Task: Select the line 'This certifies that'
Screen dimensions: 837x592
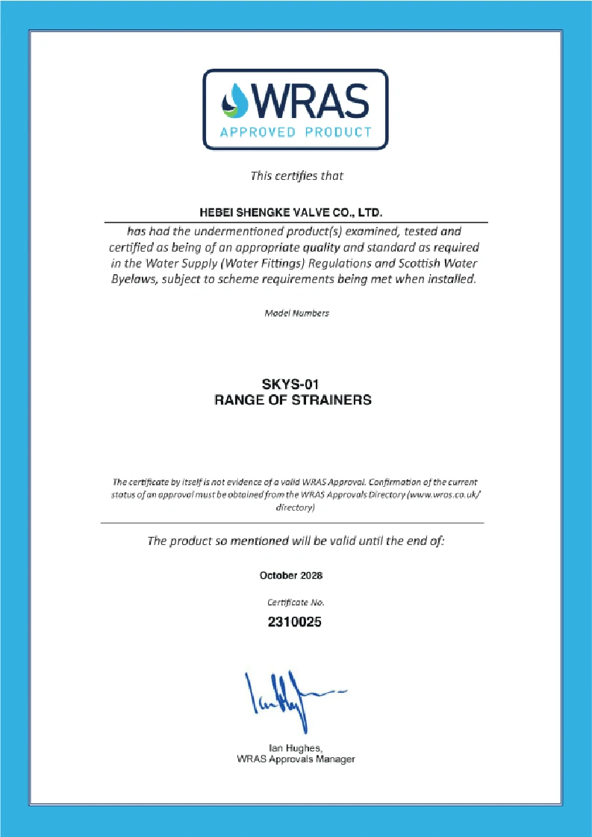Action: click(296, 176)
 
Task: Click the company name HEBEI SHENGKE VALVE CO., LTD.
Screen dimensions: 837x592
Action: click(296, 214)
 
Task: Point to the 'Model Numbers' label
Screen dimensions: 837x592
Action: click(296, 313)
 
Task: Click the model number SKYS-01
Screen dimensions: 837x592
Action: click(293, 385)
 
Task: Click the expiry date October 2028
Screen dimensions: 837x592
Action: click(291, 576)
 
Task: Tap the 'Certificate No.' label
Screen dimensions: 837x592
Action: click(296, 602)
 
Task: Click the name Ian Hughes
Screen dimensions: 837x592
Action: click(295, 747)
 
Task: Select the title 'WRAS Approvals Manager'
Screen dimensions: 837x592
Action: click(296, 759)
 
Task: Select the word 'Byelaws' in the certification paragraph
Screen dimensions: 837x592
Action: click(137, 280)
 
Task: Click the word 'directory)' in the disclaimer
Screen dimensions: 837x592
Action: click(296, 508)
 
